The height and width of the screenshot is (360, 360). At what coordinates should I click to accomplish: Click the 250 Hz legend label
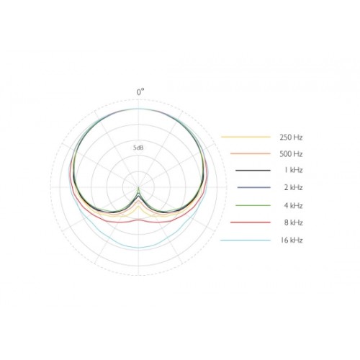coord(291,138)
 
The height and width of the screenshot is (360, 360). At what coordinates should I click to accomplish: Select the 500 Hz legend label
coord(291,154)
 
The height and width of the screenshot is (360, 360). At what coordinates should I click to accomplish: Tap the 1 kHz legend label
coord(293,170)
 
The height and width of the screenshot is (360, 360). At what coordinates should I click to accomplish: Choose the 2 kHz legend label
coord(293,187)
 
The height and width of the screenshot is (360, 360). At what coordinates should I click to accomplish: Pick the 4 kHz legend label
coord(293,206)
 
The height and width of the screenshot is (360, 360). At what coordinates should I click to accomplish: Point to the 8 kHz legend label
coord(293,222)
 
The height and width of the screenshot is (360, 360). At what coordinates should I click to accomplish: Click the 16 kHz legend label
coord(292,240)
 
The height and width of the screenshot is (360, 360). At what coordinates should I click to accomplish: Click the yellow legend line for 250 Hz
coord(246,137)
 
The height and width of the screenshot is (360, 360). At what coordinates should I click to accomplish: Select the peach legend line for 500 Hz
coord(251,153)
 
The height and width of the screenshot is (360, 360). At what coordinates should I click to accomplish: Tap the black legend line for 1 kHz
coord(253,171)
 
